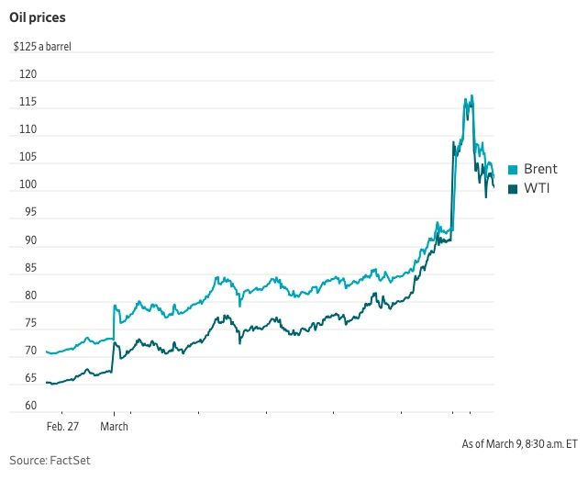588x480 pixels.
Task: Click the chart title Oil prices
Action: [x=38, y=17]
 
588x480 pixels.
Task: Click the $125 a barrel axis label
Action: [x=42, y=47]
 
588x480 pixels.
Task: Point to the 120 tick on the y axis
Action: [x=28, y=74]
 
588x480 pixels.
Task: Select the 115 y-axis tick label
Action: [x=28, y=102]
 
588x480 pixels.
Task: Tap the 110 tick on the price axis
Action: [x=28, y=129]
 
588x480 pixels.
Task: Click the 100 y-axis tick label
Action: [x=28, y=184]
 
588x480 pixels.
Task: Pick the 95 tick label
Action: [x=31, y=212]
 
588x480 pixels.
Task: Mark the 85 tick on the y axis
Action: [x=31, y=268]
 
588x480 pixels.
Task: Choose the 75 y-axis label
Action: [x=31, y=323]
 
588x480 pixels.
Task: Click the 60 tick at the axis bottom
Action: [x=31, y=406]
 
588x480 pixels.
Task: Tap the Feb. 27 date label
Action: [x=62, y=427]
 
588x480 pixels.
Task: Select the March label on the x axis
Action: [x=114, y=427]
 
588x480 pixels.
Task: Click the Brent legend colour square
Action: [x=513, y=170]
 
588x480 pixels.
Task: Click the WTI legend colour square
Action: [x=513, y=189]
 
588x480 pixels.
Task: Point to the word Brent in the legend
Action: [x=540, y=169]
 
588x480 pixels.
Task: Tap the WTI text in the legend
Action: [x=537, y=188]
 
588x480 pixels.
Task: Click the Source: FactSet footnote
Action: [x=50, y=461]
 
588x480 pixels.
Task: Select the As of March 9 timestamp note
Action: [x=519, y=444]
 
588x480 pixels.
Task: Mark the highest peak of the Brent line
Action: [x=472, y=95]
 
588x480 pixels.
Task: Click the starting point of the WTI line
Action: [x=47, y=383]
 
